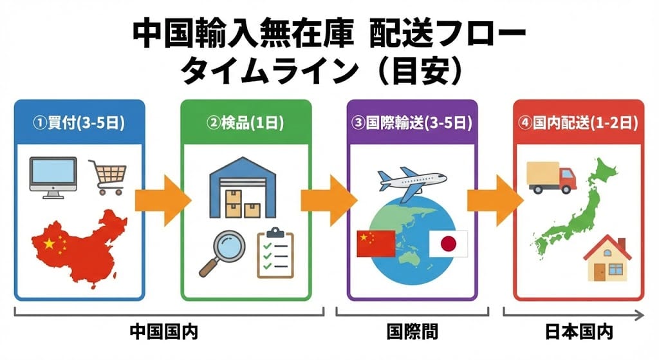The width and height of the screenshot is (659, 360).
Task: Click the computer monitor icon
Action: coord(53,175)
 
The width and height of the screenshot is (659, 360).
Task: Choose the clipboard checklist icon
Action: coord(275,252)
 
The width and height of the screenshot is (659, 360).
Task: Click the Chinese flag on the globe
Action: coord(375,243)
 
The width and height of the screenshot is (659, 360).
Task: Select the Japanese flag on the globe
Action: coord(448,244)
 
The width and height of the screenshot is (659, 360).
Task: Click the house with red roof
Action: coord(607,260)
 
